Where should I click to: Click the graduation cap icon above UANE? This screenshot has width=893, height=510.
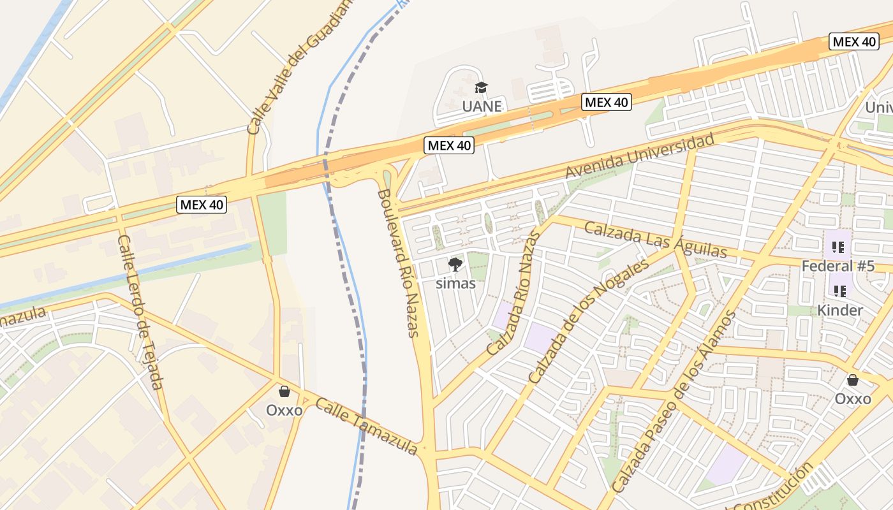coord(481,87)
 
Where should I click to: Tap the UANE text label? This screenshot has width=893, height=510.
coord(482,106)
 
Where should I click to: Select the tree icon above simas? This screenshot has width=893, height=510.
coord(455,265)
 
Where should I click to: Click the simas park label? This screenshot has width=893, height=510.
coord(455,283)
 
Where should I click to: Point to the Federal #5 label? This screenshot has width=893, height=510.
coord(838,266)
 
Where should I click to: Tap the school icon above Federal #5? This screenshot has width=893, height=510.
coord(838,247)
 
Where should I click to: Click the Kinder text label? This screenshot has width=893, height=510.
coord(840,310)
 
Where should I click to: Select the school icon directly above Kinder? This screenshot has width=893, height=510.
coord(840,291)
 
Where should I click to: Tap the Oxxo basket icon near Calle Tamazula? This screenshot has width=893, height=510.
coord(284,391)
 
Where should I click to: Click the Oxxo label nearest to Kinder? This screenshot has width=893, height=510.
coord(852,398)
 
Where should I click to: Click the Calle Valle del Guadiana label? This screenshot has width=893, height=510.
coord(299,67)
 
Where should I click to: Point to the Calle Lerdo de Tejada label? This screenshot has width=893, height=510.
coord(140,312)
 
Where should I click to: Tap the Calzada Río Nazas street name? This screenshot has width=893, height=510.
coord(513,293)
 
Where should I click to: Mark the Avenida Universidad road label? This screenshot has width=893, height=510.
coord(639,157)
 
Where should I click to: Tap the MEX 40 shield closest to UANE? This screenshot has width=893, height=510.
coord(606,102)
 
